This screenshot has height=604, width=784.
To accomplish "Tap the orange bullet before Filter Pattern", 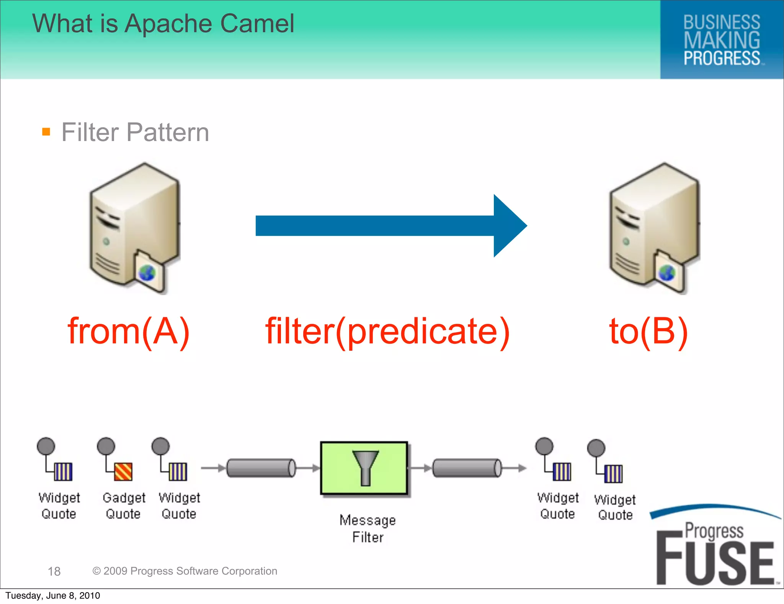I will pyautogui.click(x=46, y=132).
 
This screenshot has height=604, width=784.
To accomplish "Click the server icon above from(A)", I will pyautogui.click(x=134, y=228).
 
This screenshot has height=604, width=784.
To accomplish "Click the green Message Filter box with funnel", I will pyautogui.click(x=364, y=468).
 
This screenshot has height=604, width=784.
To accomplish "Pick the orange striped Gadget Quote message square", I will pyautogui.click(x=123, y=472).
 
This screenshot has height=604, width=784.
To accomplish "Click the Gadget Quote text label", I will pyautogui.click(x=124, y=506).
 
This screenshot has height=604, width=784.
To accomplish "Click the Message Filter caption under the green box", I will pyautogui.click(x=367, y=528).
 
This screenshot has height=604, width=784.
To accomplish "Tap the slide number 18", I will pyautogui.click(x=54, y=571).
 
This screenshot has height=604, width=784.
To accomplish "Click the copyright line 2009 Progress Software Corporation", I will pyautogui.click(x=185, y=571).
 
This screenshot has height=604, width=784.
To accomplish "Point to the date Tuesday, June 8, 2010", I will pyautogui.click(x=53, y=596).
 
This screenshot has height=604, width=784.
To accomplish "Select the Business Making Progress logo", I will pyautogui.click(x=722, y=40).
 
